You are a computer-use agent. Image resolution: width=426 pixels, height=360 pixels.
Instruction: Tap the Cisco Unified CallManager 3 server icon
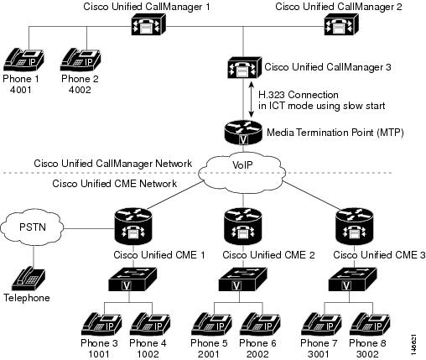tap(242, 67)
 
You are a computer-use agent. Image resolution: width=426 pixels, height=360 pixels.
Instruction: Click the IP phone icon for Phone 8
tap(367, 324)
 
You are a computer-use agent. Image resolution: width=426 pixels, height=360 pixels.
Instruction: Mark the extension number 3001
tap(320, 354)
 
